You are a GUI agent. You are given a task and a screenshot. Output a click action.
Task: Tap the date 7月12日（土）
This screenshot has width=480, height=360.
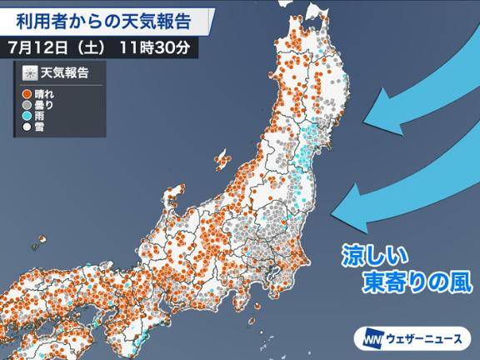point(58,46)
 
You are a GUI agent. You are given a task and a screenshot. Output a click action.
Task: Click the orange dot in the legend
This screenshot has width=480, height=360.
point(27,94)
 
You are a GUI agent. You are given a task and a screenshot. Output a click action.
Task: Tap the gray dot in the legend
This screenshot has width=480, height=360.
point(27,106)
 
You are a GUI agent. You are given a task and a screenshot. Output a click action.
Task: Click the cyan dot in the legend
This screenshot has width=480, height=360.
point(27,117)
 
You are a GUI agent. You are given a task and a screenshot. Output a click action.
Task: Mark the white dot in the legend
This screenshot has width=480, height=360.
point(27,129)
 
